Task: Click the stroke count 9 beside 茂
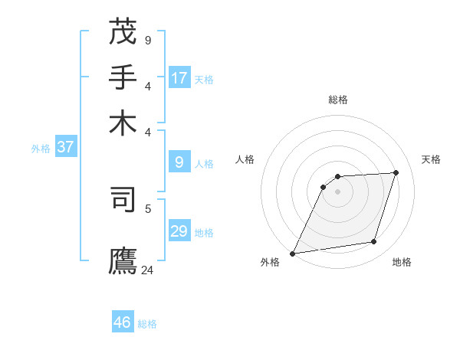pyautogui.click(x=147, y=40)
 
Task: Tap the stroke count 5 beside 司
pyautogui.click(x=147, y=208)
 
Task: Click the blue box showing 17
pyautogui.click(x=179, y=78)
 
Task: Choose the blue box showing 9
pyautogui.click(x=179, y=162)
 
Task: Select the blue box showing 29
pyautogui.click(x=179, y=231)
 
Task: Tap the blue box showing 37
pyautogui.click(x=65, y=147)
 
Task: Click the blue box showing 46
pyautogui.click(x=123, y=322)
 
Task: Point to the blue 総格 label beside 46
pyautogui.click(x=147, y=324)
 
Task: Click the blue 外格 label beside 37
pyautogui.click(x=41, y=149)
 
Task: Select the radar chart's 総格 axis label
pyautogui.click(x=338, y=100)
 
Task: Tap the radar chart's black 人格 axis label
pyautogui.click(x=245, y=159)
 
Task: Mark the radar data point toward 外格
pyautogui.click(x=293, y=253)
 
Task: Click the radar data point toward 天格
pyautogui.click(x=396, y=172)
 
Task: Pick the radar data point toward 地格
pyautogui.click(x=374, y=242)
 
